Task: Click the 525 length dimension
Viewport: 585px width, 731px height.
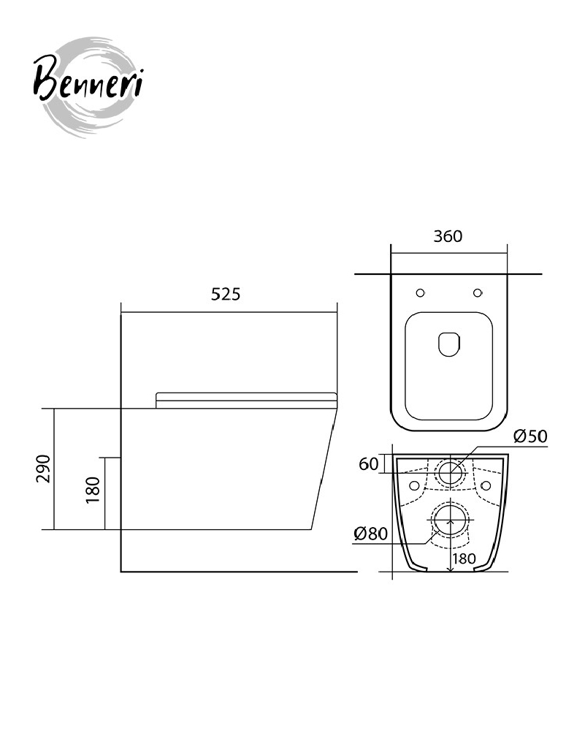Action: tap(226, 294)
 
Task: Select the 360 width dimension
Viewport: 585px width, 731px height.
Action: tap(448, 236)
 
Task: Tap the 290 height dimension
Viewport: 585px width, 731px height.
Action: tap(43, 469)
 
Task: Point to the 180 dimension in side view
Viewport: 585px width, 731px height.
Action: tap(93, 490)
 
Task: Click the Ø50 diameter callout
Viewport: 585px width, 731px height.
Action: tap(530, 436)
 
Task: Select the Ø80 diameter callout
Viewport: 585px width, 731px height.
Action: tap(371, 534)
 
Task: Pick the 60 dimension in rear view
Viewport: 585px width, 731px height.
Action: tap(368, 464)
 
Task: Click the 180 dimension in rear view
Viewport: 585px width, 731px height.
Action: tap(464, 558)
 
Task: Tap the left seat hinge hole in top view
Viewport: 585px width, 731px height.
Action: tap(420, 293)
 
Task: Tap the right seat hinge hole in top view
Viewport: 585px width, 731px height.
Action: tap(478, 293)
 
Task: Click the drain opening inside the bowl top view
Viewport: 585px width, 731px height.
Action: tap(449, 344)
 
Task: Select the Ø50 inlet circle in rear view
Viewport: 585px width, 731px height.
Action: tap(451, 472)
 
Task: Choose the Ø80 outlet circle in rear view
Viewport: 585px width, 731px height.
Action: tap(451, 520)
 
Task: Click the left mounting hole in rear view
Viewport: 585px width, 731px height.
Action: tap(414, 486)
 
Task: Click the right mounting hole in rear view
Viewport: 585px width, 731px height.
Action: tap(486, 486)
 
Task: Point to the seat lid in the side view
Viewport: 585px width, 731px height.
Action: tap(246, 401)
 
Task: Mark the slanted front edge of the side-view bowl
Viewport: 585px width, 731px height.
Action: tap(324, 469)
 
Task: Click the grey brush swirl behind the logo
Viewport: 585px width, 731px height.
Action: tap(88, 88)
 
